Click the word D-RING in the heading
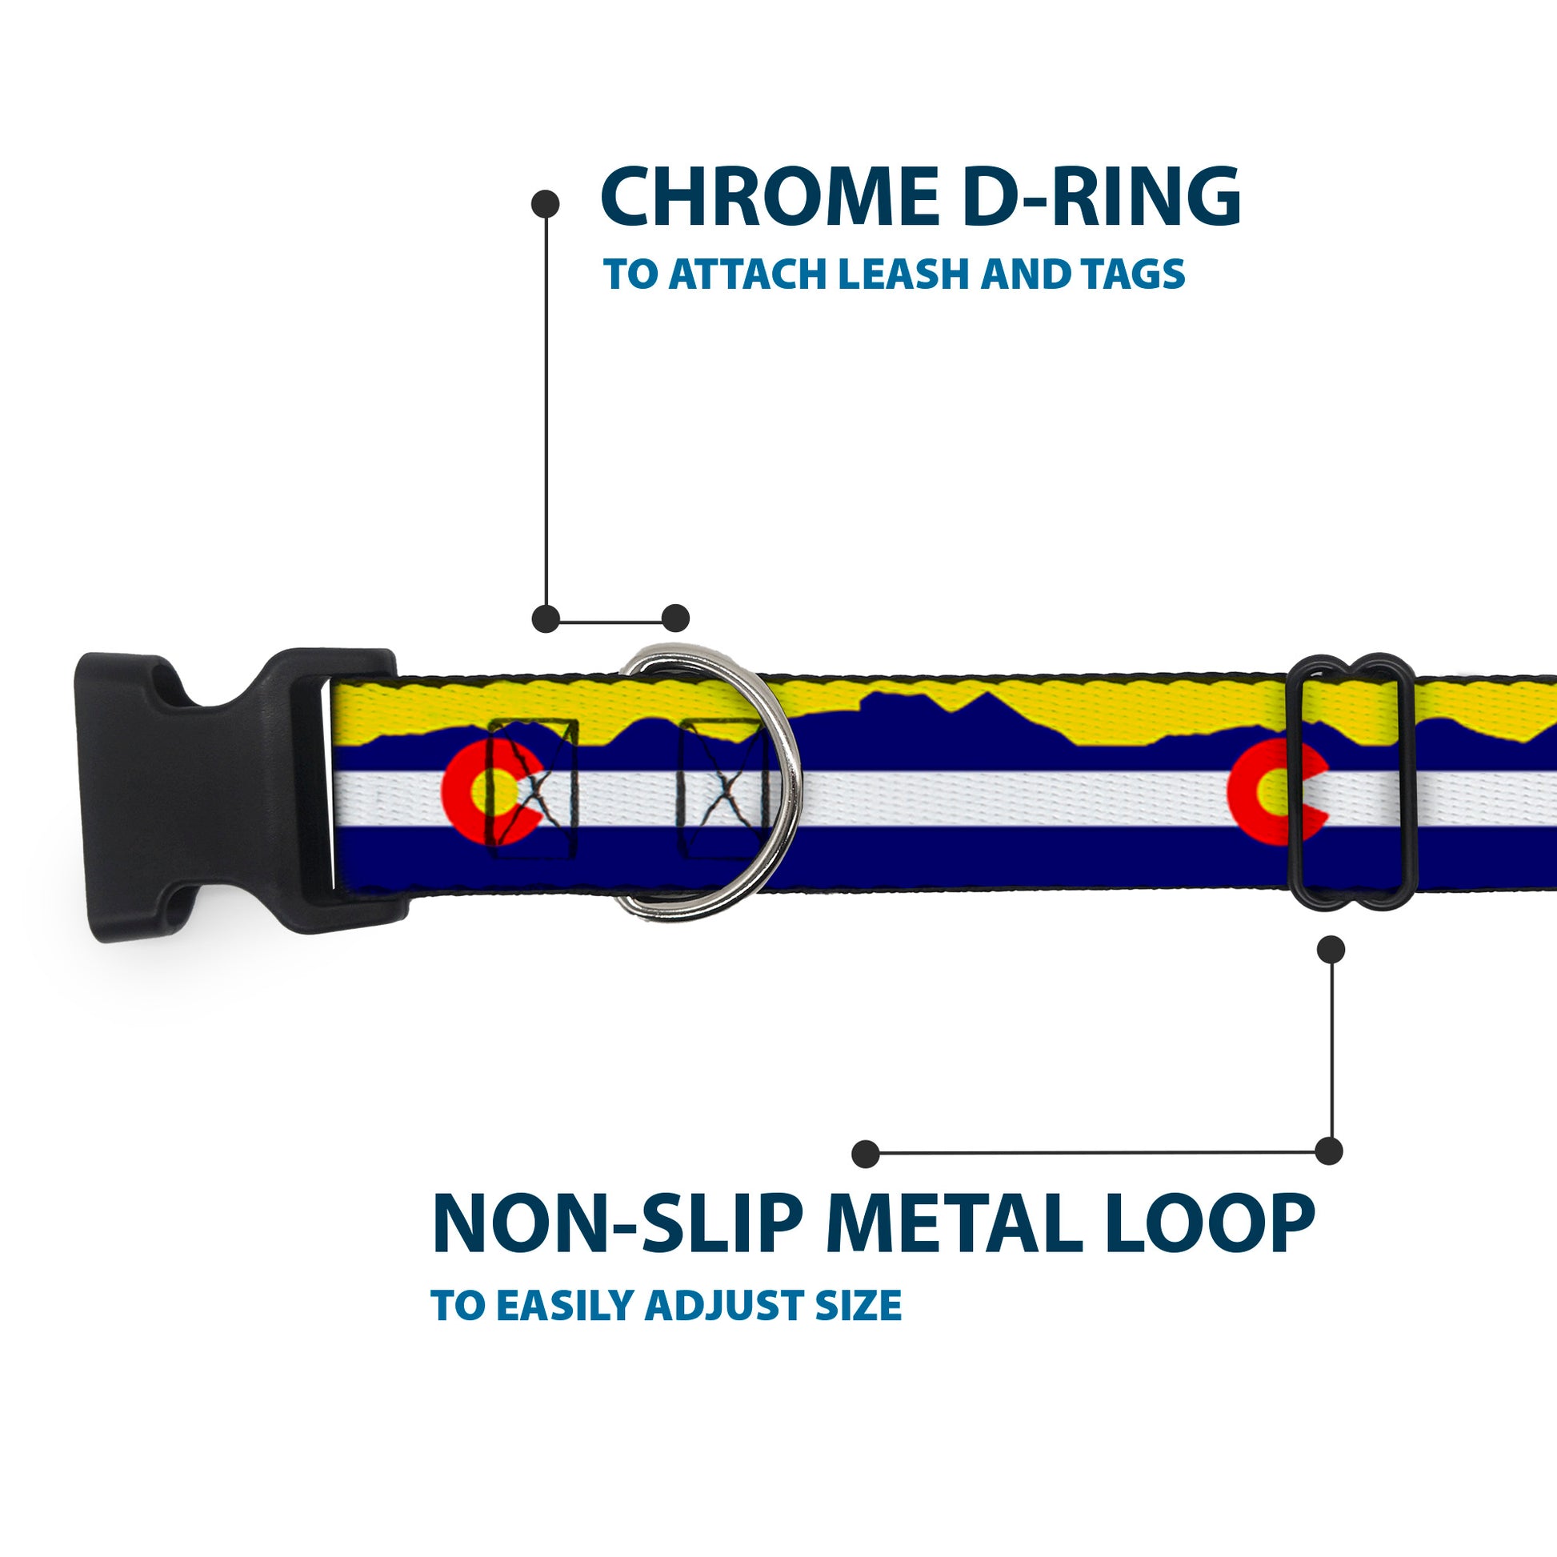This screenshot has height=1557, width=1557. (1101, 198)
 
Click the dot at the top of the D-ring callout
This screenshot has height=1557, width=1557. (546, 204)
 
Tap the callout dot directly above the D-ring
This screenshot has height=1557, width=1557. (675, 618)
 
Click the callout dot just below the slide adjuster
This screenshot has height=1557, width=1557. (1331, 950)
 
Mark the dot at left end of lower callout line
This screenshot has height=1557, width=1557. (866, 1153)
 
